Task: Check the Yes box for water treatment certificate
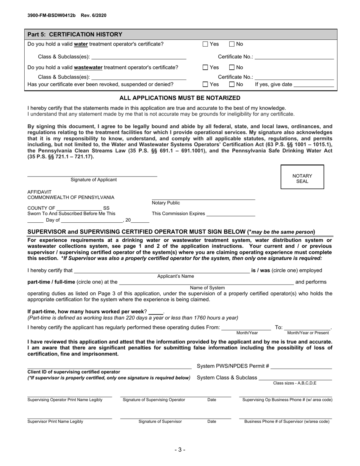205,44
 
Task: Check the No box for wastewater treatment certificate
232,68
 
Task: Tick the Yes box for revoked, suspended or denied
205,84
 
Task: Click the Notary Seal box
302,177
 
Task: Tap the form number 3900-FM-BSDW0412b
52,16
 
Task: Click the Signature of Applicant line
92,175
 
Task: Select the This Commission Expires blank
230,214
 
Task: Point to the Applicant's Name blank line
162,271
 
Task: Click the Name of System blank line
206,283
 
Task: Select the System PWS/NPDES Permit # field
301,366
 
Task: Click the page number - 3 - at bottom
180,450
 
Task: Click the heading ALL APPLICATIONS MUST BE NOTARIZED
180,98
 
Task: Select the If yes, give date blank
314,85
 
